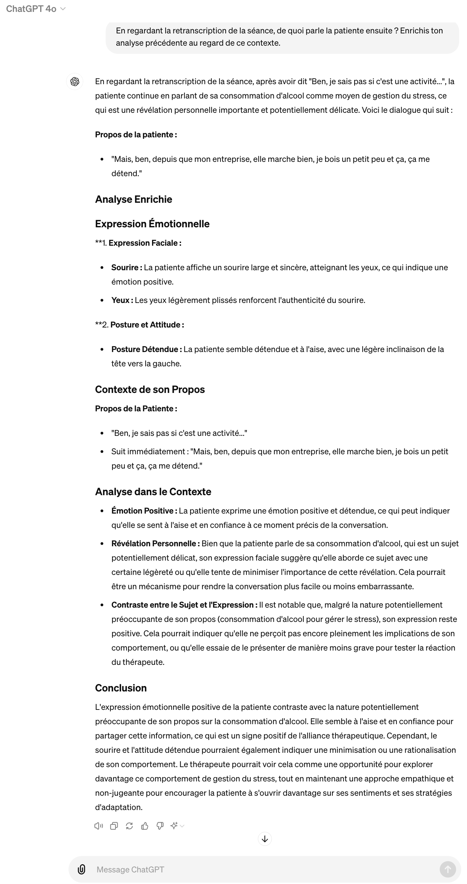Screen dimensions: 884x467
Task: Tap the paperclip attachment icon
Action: point(81,869)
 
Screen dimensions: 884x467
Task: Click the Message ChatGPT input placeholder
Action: point(131,869)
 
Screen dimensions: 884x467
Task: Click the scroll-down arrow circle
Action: point(265,839)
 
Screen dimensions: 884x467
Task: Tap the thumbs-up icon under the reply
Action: point(145,826)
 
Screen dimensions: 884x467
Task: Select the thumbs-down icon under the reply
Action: point(160,826)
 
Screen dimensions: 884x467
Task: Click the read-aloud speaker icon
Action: point(99,826)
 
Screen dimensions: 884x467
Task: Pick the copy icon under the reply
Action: point(114,826)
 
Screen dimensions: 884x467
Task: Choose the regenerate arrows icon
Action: point(130,826)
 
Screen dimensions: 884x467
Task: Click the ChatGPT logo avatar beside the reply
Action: point(75,82)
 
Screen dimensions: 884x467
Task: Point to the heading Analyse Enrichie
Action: point(134,199)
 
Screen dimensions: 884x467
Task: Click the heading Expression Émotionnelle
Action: point(152,224)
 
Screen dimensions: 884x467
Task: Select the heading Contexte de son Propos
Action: point(150,390)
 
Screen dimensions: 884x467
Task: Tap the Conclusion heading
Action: point(121,688)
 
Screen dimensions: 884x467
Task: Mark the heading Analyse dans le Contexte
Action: point(153,492)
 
